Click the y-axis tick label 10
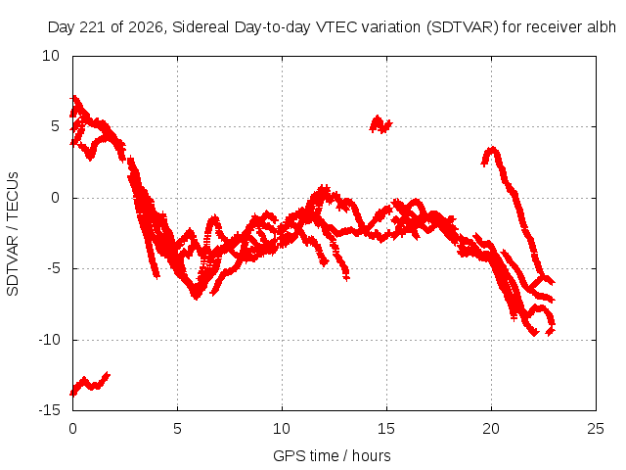click(x=51, y=56)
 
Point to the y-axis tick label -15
click(x=50, y=410)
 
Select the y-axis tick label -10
click(x=50, y=340)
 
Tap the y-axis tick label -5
click(x=54, y=268)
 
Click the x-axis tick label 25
click(x=596, y=429)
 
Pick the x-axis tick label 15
click(x=386, y=429)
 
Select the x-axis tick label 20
click(x=491, y=429)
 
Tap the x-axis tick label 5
click(x=177, y=429)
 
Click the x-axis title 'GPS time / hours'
click(x=332, y=456)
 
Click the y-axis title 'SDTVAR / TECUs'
click(x=13, y=234)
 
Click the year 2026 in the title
click(x=146, y=27)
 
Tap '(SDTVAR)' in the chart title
click(x=463, y=27)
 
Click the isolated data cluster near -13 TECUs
click(x=90, y=384)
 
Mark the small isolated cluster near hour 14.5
click(x=380, y=124)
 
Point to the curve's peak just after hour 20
click(x=493, y=150)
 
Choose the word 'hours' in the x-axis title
click(x=372, y=456)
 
